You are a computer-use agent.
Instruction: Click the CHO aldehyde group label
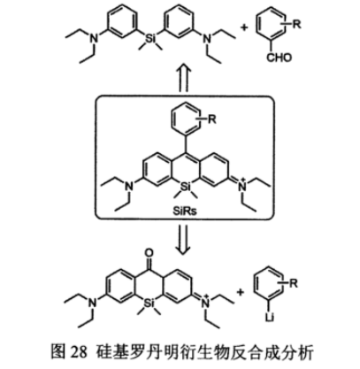coord(279,58)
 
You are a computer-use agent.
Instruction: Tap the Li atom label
coord(270,318)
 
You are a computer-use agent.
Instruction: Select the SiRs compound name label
coord(185,211)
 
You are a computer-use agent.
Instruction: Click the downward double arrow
coord(184,240)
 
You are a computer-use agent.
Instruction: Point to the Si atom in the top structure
coord(150,38)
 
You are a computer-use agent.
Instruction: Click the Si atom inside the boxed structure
coord(186,187)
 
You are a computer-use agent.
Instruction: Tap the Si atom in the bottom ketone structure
coord(149,303)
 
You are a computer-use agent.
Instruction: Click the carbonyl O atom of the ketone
coord(149,253)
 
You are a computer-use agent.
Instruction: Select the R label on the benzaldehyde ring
coord(296,24)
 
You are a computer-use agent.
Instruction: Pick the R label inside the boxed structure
coord(212,119)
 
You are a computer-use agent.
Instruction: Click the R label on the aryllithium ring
coord(294,283)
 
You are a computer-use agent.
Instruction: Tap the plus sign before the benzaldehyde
coord(244,27)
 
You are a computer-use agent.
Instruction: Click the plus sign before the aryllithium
coord(241,292)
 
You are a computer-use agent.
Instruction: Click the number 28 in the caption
coord(79,351)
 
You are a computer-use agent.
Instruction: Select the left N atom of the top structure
coord(94,38)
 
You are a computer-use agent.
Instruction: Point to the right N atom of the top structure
coord(208,38)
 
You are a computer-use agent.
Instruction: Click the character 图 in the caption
coord(58,351)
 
